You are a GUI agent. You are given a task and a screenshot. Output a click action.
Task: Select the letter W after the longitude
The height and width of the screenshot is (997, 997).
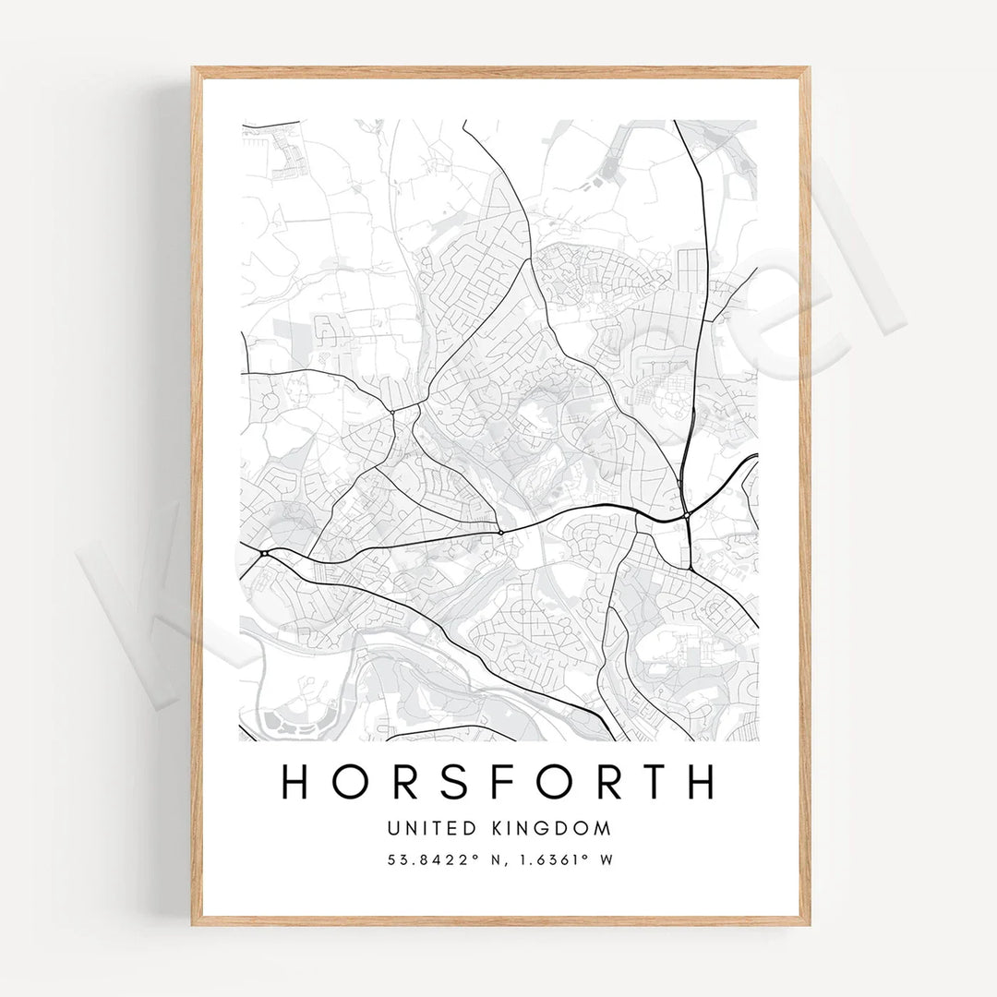607,859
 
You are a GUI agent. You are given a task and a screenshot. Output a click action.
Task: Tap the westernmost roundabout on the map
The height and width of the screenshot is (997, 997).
264,553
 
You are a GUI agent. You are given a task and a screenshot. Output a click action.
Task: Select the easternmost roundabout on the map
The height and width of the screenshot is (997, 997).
688,515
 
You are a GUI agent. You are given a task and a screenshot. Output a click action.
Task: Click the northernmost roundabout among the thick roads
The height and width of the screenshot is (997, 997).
392,411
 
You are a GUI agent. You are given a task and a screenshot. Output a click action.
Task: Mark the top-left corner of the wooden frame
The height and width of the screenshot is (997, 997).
194,69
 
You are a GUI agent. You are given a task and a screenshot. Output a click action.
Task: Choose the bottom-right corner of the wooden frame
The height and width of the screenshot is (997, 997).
809,923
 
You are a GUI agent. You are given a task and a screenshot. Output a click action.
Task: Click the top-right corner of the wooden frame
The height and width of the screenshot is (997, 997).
809,69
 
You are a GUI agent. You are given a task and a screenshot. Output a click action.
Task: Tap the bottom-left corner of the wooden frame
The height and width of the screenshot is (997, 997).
194,923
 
